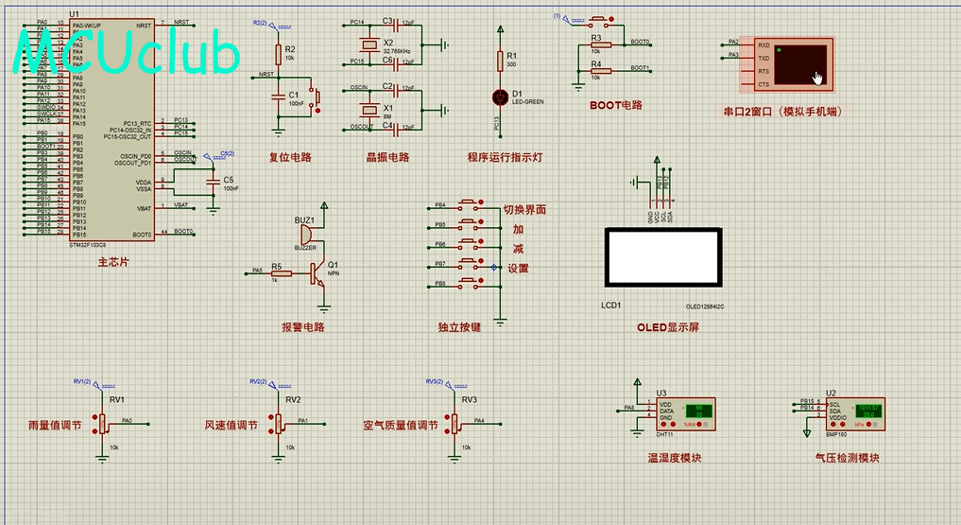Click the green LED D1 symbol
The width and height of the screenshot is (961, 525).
pos(500,96)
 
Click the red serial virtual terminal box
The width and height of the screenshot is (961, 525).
pos(794,65)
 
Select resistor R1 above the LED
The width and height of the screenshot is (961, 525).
pos(500,61)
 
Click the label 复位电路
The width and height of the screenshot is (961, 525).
pos(290,158)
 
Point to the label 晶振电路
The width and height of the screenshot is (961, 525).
pos(387,158)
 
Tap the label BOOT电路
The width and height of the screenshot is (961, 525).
pos(615,106)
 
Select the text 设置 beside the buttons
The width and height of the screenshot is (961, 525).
pos(519,269)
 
